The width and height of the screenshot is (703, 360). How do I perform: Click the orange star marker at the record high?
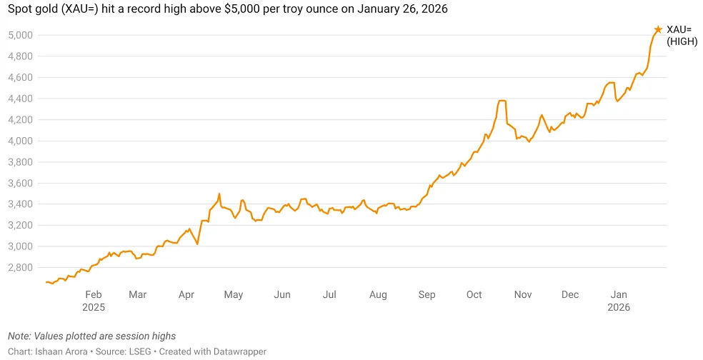pos(658,29)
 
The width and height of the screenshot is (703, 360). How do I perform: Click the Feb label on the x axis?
pos(94,294)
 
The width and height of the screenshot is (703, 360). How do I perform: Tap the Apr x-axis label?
pos(186,294)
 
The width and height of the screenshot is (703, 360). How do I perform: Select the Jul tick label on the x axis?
pos(329,294)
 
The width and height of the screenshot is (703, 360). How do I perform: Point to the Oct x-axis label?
pos(474,294)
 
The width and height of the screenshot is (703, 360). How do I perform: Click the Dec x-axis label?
pos(570,294)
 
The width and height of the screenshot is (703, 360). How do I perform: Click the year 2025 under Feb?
pos(94,307)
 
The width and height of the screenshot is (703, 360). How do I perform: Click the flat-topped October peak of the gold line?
pos(502,101)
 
